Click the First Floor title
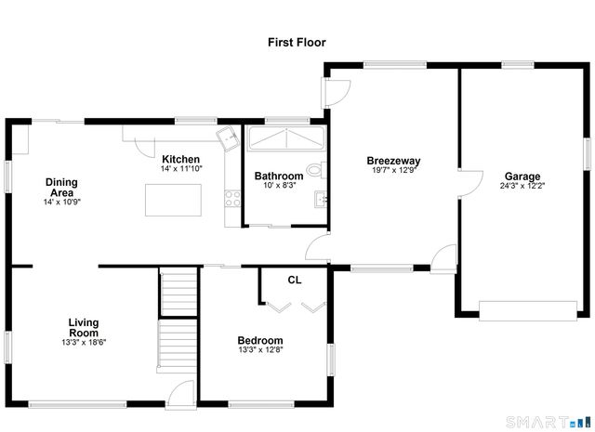(x=297, y=43)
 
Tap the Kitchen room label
(x=181, y=159)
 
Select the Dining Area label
(x=62, y=188)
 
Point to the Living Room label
(x=84, y=328)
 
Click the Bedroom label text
(x=260, y=341)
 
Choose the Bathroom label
(x=279, y=177)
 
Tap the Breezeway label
(x=395, y=160)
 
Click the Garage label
(x=522, y=177)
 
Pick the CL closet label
(x=294, y=280)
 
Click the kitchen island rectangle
(x=174, y=199)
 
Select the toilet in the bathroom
(x=315, y=170)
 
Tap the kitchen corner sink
(x=227, y=137)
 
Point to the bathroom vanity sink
(x=321, y=198)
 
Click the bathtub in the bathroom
(x=284, y=138)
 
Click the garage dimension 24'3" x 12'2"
(x=522, y=186)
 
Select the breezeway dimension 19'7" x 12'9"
(x=395, y=170)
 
